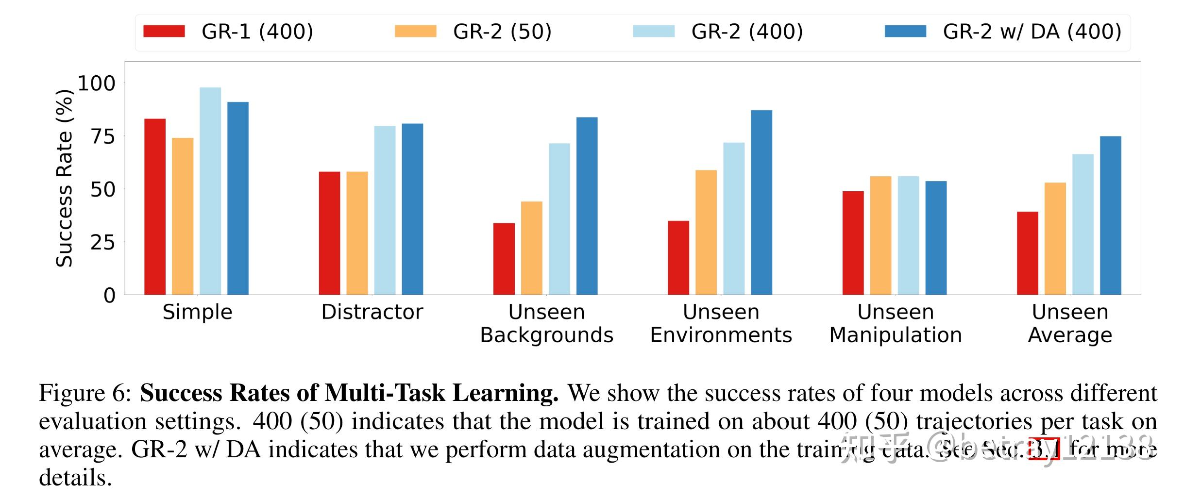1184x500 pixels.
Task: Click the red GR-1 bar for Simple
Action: click(154, 206)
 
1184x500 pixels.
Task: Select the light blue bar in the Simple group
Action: click(210, 191)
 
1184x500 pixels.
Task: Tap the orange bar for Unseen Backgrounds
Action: click(531, 248)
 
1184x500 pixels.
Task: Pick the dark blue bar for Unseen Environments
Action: click(761, 202)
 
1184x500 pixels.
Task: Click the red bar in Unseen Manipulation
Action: click(853, 243)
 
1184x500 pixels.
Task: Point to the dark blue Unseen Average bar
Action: click(1110, 215)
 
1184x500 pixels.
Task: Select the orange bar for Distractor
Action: click(357, 233)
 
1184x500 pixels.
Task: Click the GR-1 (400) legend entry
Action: click(228, 32)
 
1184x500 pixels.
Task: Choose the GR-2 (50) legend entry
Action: click(474, 32)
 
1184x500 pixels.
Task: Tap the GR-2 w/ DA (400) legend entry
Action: click(1003, 32)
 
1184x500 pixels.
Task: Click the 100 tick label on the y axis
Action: click(96, 83)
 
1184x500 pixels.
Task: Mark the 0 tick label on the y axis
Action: click(109, 295)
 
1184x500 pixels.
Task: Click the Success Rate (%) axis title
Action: click(64, 178)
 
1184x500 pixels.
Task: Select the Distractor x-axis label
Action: click(372, 312)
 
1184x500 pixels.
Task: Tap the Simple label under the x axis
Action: click(197, 312)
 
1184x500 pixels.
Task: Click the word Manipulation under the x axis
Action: click(895, 335)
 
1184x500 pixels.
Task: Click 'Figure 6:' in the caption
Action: click(85, 393)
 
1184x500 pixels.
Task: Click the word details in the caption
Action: click(75, 478)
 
